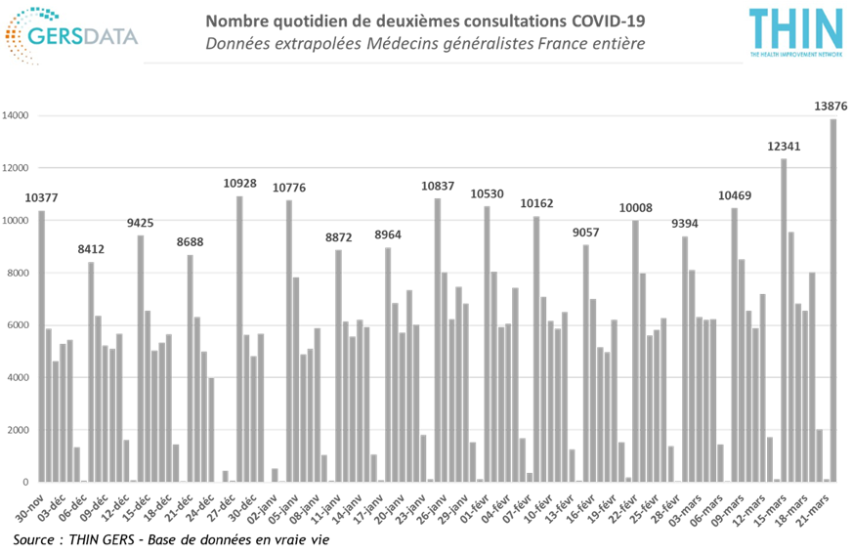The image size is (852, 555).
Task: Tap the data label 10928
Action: coord(239,183)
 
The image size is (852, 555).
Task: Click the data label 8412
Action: coord(90,249)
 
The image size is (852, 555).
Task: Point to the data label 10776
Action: coord(288,187)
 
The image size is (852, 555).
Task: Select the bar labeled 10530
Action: coord(487,342)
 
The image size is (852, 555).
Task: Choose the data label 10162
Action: coord(536,203)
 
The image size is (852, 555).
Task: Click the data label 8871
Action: coord(338,236)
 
